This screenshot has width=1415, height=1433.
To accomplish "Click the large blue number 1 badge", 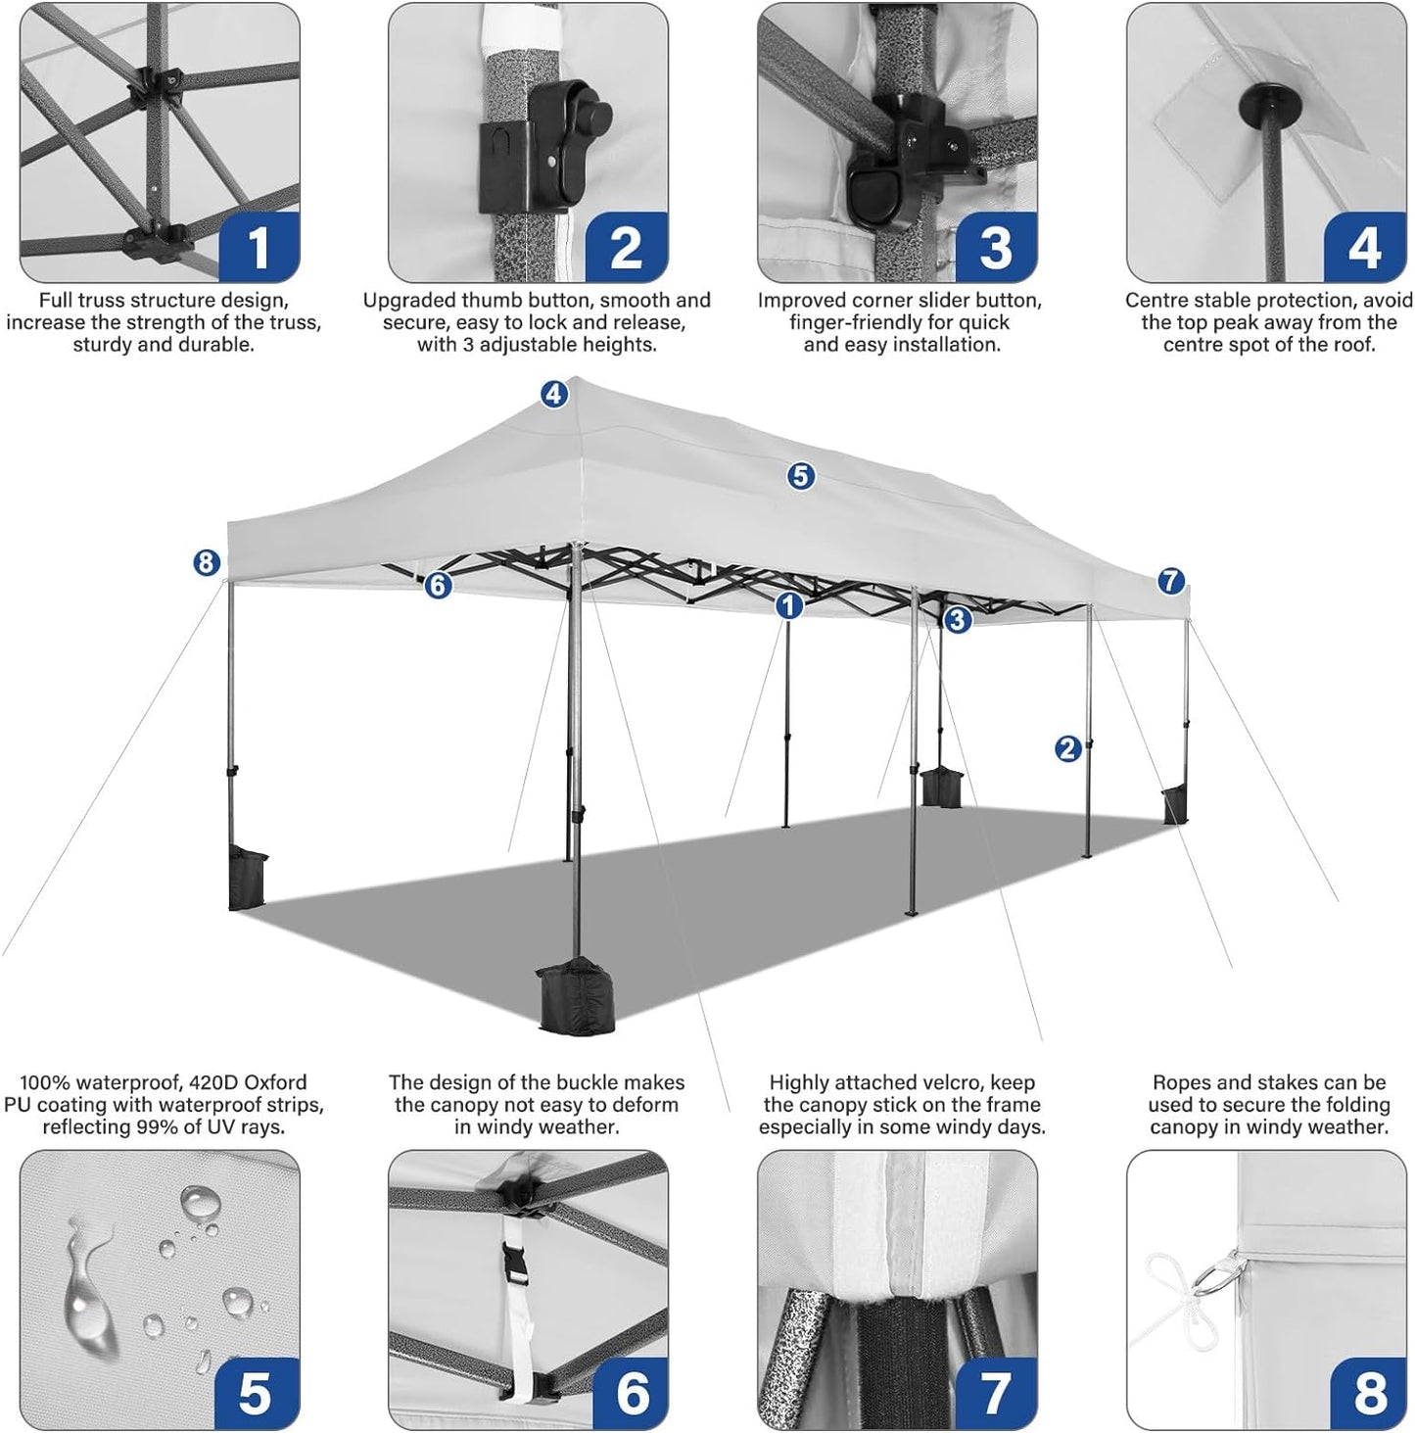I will click(259, 247).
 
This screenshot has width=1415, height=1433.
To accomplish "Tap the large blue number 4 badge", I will click(1365, 247).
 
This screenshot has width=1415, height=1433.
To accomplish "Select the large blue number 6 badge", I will click(632, 1391).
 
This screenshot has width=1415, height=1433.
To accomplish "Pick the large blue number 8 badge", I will click(1369, 1391).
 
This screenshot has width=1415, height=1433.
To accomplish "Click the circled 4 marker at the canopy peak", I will click(554, 394).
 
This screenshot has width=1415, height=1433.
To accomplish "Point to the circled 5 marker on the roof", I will click(801, 476).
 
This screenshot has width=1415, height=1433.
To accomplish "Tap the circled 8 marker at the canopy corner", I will click(206, 562).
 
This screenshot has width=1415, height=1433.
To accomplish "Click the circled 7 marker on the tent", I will click(1171, 581).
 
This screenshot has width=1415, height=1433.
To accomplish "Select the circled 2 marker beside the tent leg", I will click(1067, 748).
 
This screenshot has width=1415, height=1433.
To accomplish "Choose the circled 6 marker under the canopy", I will click(438, 586).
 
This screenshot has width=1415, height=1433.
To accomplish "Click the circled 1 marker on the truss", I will click(789, 606).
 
